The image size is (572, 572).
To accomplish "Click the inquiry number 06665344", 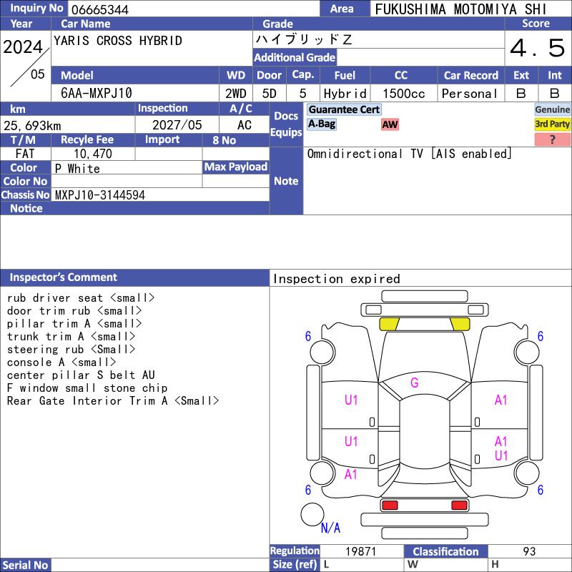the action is pos(99,9).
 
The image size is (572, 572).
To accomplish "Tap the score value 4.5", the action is pos(538,48).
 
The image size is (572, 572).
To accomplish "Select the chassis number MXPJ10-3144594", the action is pos(100,195).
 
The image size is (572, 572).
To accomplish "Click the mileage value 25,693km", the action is pos(32,126).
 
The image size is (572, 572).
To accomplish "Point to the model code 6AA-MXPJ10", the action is pos(97,93).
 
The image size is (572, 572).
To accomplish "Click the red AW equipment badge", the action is pos(390,124).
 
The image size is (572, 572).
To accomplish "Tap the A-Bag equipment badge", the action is pos(321,124).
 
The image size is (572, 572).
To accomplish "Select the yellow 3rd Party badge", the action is pos(552,124).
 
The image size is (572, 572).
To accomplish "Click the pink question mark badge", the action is pos(552,139).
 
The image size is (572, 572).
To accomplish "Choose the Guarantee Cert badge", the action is pos(344,109).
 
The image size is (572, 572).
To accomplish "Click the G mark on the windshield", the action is pos(415,383).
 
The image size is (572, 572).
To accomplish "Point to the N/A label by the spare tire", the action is pos(330,528).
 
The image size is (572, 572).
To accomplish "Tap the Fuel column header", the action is pos(345,76).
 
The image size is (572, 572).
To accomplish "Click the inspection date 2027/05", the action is pos(177,125).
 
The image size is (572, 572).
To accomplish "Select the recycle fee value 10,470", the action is pos(93,154).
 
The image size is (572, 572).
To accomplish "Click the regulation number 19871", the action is pos(361,551).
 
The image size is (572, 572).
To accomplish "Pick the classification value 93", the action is pos(529,551).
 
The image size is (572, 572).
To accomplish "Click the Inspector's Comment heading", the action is pos(64,277).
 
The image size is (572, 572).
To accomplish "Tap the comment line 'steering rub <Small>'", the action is pos(71,350).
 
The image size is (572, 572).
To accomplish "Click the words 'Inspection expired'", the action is pos(337,279).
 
